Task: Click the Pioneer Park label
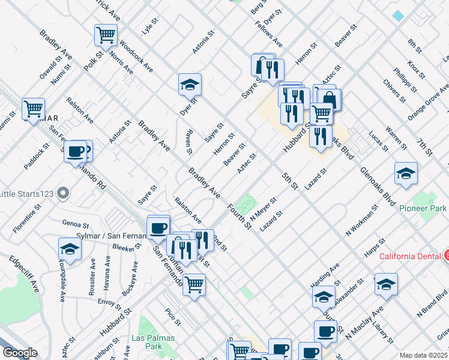click(423, 208)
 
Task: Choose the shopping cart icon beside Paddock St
click(34, 109)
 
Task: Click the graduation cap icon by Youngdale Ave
click(70, 249)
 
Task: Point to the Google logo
click(20, 353)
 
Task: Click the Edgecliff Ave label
click(24, 274)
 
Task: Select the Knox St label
click(415, 70)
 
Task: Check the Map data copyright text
click(423, 355)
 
